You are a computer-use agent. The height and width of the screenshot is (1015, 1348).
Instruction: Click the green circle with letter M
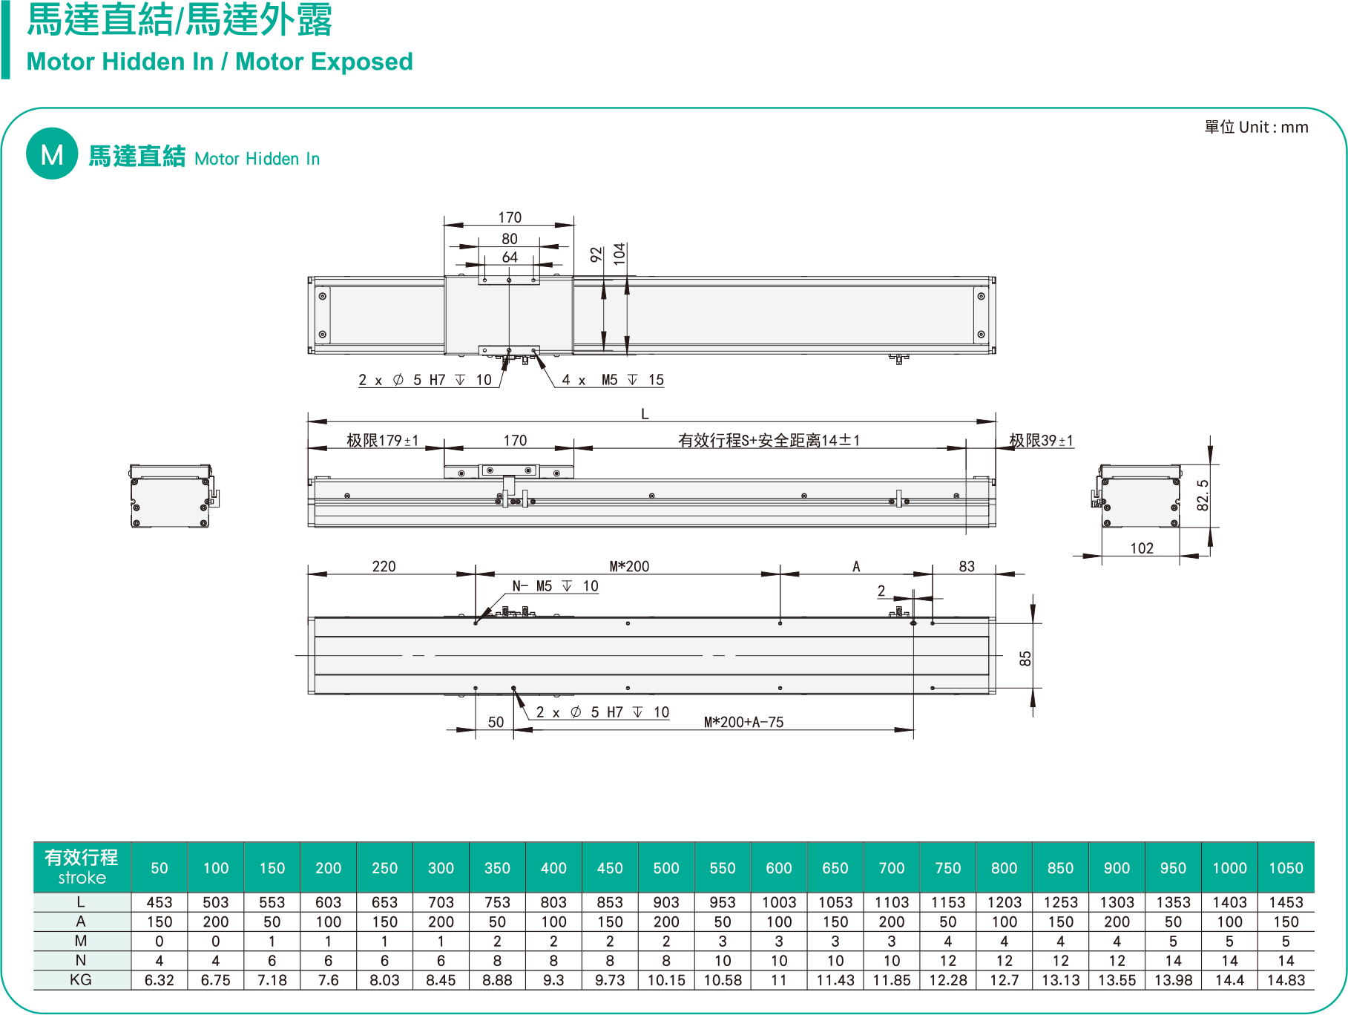[x=52, y=154]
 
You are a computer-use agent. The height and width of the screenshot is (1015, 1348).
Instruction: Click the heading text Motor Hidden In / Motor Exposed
[x=220, y=62]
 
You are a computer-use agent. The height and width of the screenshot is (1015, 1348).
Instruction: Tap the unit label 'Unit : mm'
[x=1273, y=128]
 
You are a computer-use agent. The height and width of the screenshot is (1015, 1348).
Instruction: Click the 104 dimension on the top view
[x=620, y=254]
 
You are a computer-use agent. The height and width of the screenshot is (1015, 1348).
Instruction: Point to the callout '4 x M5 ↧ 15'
[x=613, y=380]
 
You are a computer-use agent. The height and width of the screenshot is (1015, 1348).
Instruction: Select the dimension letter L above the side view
[x=645, y=414]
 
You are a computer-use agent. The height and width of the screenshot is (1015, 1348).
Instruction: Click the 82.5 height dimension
[x=1203, y=495]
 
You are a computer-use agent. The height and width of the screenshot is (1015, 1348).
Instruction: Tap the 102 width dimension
[x=1142, y=548]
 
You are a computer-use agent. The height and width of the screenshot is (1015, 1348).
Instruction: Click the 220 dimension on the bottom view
[x=384, y=567]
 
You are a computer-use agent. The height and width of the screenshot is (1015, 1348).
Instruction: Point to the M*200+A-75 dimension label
[x=743, y=722]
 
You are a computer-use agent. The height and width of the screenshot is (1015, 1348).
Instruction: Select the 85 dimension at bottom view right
[x=1025, y=658]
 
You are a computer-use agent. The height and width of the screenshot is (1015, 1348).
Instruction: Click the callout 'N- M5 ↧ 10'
[x=555, y=586]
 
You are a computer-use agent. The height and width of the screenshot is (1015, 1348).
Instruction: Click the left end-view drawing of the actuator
[x=172, y=496]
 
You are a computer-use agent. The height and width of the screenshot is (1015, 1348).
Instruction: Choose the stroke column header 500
[x=666, y=868]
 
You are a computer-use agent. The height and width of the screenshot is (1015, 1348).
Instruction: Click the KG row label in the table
[x=81, y=980]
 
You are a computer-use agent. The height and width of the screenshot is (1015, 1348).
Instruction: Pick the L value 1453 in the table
[x=1286, y=902]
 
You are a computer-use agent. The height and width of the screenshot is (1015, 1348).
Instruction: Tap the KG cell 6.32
[x=159, y=980]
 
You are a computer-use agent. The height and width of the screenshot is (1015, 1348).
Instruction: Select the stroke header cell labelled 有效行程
[x=82, y=867]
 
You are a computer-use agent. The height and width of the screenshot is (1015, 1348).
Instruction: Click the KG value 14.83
[x=1286, y=980]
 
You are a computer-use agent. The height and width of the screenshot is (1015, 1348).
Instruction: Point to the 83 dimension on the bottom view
[x=967, y=567]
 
